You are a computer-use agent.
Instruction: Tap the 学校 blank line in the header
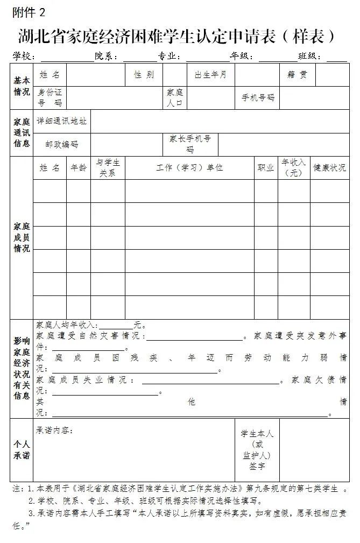click(67, 57)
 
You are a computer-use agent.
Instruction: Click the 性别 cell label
click(144, 75)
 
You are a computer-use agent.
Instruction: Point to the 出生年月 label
click(210, 75)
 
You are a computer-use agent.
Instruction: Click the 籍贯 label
click(297, 75)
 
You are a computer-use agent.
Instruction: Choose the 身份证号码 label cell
click(50, 97)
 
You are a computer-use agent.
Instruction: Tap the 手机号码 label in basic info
click(258, 98)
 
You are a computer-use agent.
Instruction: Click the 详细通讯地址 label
click(61, 122)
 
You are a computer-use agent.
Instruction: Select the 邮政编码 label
click(61, 145)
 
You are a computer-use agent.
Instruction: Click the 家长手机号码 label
click(190, 144)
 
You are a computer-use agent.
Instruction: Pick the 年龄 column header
click(79, 168)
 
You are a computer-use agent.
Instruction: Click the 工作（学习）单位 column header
click(189, 168)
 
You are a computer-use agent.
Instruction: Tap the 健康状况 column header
click(329, 168)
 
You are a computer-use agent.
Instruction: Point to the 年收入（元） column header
click(293, 168)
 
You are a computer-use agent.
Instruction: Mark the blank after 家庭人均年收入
click(116, 326)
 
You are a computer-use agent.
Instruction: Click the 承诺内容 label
click(54, 431)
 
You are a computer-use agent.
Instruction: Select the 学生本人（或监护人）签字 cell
click(257, 450)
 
